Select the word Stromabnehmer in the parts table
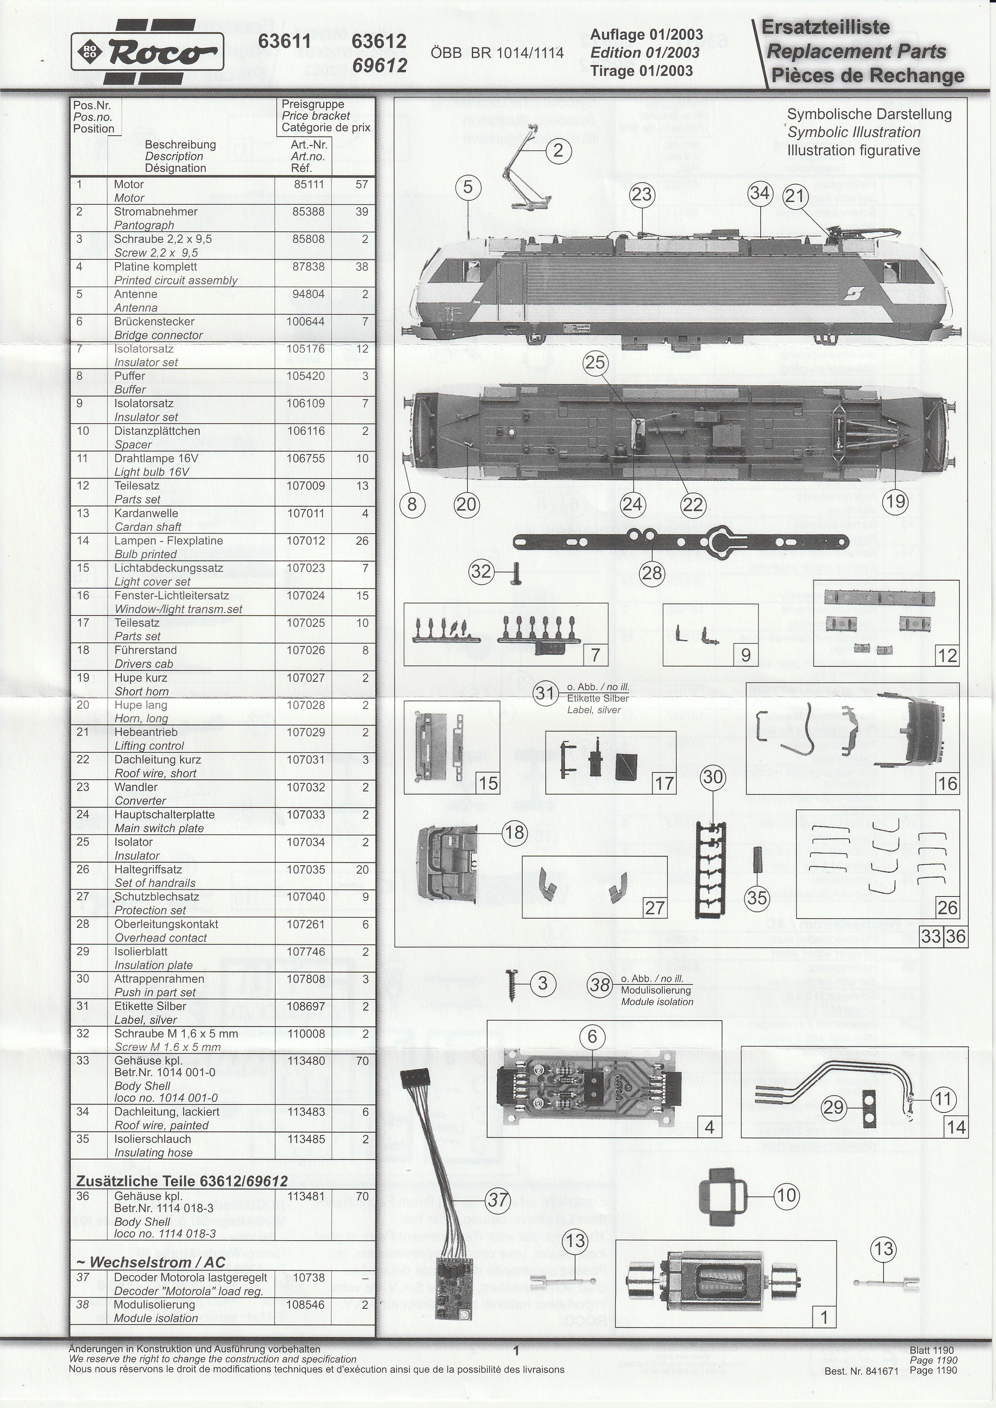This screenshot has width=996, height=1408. (x=156, y=212)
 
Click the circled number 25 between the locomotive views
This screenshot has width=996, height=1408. (x=595, y=363)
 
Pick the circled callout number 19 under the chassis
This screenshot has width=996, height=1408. (x=895, y=501)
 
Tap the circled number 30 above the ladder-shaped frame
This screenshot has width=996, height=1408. (x=712, y=778)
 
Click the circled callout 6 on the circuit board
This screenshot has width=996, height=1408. (x=592, y=1037)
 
